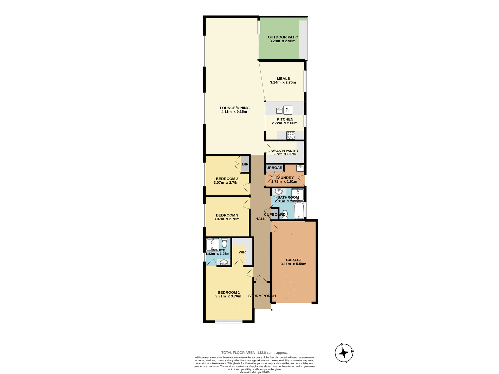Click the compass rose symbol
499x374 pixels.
point(344,353)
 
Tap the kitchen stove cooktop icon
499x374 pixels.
point(291,135)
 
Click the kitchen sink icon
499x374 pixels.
point(279,111)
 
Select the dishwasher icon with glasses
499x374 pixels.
point(288,110)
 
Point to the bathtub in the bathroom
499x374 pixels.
point(299,211)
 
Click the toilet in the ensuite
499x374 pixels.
point(224,243)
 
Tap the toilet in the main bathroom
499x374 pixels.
point(285,215)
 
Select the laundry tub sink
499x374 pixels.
point(300,168)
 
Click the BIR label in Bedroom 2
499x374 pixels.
point(245,164)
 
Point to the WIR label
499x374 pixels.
point(242,252)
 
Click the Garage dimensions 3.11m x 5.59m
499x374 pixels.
point(293,264)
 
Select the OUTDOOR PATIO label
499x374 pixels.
point(283,37)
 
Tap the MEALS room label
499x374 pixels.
point(283,78)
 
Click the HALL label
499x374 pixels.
point(260,219)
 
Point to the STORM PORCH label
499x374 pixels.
point(262,296)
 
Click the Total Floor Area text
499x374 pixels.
point(254,353)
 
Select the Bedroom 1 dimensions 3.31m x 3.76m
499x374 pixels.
point(228,296)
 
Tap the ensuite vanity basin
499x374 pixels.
point(224,263)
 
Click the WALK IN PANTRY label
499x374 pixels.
point(285,151)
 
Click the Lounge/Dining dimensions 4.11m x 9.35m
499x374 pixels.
point(234,112)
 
